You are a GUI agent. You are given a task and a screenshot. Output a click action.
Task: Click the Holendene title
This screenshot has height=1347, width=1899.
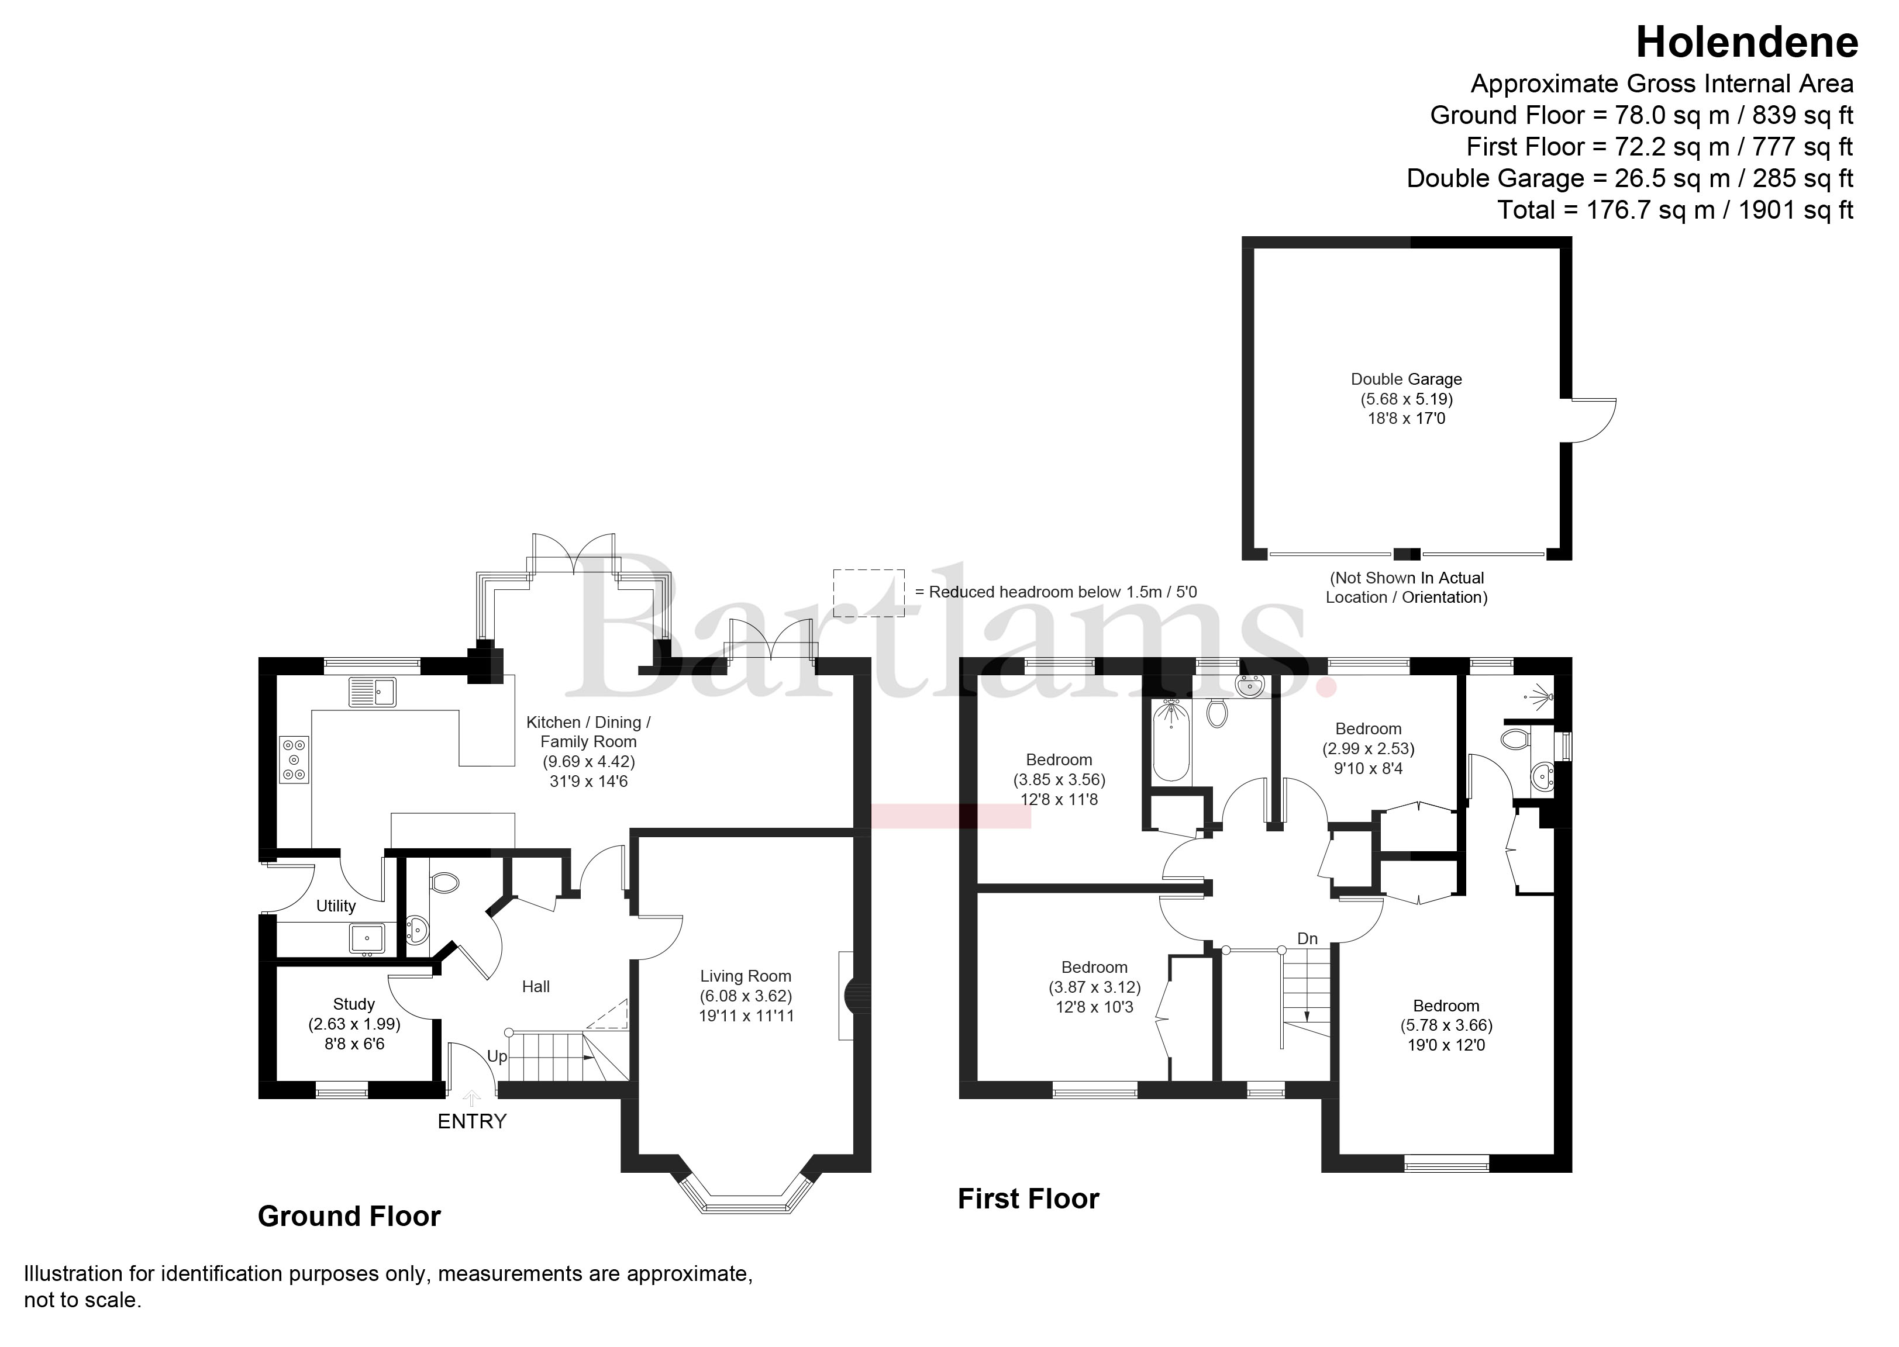pyautogui.click(x=1746, y=42)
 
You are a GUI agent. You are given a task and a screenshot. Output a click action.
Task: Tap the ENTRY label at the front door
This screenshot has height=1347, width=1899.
pyautogui.click(x=472, y=1121)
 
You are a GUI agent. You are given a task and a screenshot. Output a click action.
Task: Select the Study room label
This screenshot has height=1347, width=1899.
pyautogui.click(x=354, y=1004)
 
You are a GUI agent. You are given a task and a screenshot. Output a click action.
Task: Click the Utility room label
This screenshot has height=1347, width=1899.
pyautogui.click(x=336, y=907)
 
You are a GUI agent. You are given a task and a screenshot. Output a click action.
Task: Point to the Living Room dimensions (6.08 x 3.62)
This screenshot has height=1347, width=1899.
pyautogui.click(x=746, y=996)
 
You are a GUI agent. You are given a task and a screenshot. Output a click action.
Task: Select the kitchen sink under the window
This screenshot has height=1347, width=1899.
pyautogui.click(x=373, y=692)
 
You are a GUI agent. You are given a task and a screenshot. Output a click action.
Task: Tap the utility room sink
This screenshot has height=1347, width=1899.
pyautogui.click(x=366, y=938)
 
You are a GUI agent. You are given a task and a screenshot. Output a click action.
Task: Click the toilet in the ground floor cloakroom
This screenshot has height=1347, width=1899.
pyautogui.click(x=444, y=882)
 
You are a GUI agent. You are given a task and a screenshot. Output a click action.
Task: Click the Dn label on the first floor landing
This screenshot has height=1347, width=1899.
pyautogui.click(x=1308, y=939)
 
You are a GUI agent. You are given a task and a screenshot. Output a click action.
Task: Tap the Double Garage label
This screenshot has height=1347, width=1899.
pyautogui.click(x=1406, y=379)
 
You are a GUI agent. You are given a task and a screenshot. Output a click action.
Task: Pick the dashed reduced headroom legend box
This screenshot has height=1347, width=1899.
pyautogui.click(x=868, y=593)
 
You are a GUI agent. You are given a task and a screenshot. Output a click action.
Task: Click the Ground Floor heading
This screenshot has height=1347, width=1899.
pyautogui.click(x=349, y=1217)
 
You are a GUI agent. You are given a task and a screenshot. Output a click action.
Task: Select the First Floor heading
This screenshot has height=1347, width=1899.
pyautogui.click(x=1029, y=1199)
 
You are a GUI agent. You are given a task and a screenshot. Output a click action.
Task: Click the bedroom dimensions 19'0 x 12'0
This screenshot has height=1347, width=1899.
pyautogui.click(x=1446, y=1046)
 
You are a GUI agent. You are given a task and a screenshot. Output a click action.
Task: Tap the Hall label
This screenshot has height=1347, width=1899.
pyautogui.click(x=536, y=987)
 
